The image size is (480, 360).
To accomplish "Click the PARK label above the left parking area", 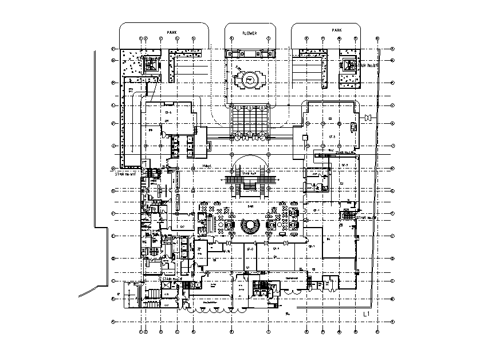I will point(171,33).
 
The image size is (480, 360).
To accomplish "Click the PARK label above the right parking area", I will point(337,29).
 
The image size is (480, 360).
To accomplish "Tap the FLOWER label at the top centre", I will point(250,33).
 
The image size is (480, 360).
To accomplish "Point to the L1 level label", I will point(369,314).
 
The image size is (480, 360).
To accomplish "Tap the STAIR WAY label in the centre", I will point(249,173).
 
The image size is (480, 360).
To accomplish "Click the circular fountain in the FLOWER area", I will point(250,80).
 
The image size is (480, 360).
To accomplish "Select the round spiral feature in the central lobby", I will point(250,225).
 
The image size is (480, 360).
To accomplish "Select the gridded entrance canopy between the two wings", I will point(249,121).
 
